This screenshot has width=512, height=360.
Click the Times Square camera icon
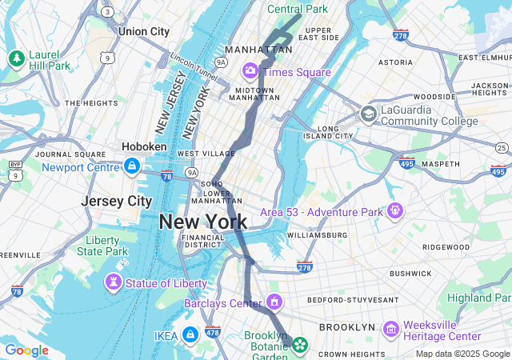250,72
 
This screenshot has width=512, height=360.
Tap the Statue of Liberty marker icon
114,282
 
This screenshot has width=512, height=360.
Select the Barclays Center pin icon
274,302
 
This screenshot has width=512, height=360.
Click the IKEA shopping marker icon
190,334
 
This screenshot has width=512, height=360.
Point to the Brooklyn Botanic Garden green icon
300,345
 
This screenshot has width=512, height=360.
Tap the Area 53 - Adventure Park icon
394,211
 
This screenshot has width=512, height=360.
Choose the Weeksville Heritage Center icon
391,330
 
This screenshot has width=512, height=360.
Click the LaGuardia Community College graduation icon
368,114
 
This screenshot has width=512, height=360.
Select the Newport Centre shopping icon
132,166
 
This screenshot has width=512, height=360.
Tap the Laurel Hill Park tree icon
16,58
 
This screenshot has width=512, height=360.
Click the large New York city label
202,221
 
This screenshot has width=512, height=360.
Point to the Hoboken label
144,147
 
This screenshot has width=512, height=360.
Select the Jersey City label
117,201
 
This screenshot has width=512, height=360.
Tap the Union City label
143,31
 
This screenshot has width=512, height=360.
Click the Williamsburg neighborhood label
317,235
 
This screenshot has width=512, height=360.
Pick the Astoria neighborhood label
394,62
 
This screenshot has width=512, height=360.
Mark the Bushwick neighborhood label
410,273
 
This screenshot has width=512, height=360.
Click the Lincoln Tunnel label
194,66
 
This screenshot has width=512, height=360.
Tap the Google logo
26,350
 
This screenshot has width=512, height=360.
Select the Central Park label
298,9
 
